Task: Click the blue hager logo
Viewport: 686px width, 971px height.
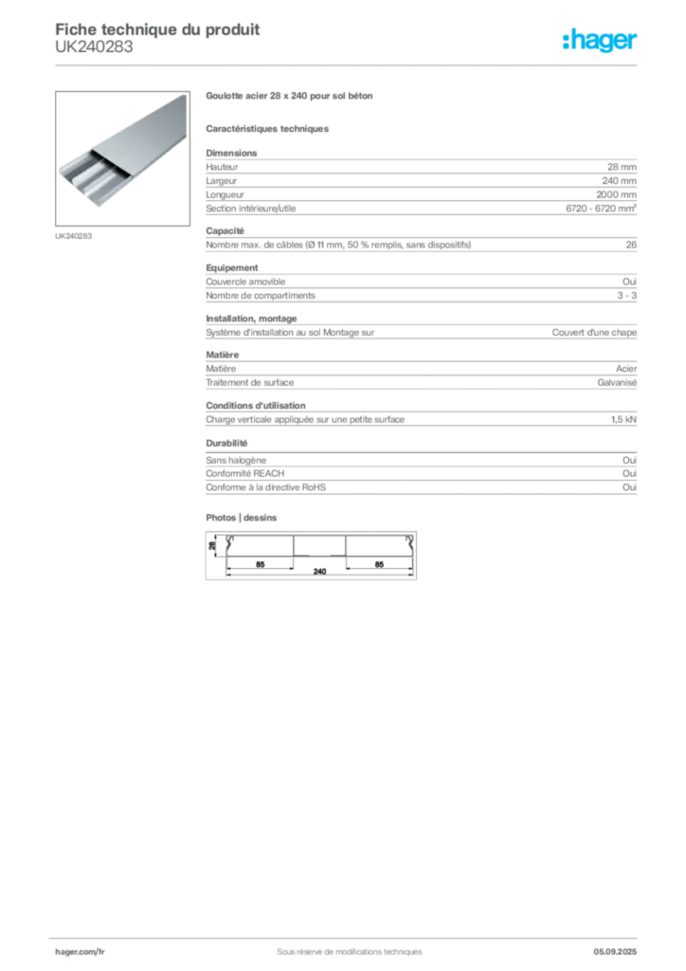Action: point(601,41)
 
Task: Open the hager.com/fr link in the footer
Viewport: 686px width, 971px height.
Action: point(80,950)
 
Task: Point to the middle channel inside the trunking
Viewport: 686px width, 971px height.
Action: point(81,173)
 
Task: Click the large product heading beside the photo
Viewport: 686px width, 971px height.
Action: point(292,97)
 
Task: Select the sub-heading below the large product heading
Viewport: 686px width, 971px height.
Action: point(268,128)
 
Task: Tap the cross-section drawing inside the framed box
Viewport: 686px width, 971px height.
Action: point(311,555)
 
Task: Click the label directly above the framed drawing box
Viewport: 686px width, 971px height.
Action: point(243,515)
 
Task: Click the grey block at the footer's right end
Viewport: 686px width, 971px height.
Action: point(622,944)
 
